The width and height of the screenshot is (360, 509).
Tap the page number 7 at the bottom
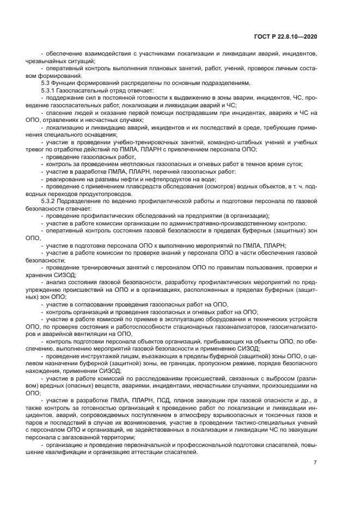(315, 462)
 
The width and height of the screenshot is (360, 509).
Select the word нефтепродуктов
(163, 179)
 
